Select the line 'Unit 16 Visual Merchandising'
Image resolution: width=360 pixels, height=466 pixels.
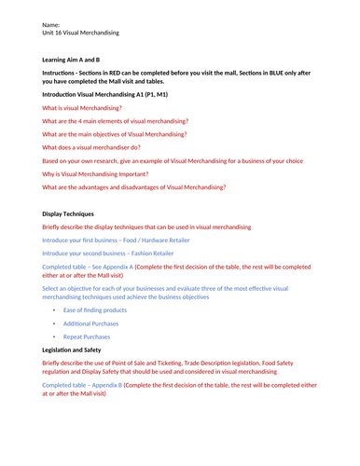click(86, 34)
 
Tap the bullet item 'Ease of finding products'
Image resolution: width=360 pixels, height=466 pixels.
click(95, 309)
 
